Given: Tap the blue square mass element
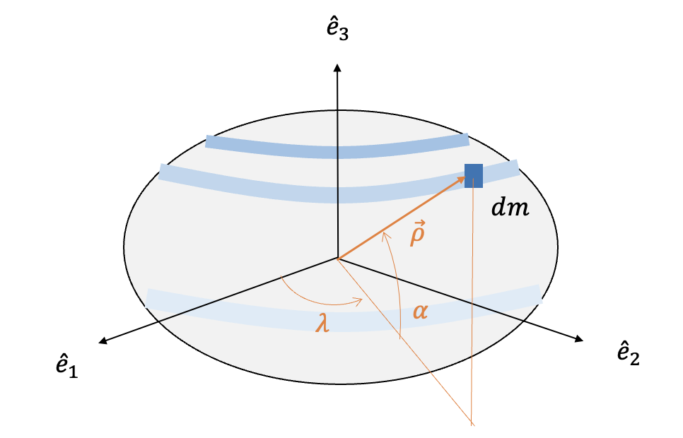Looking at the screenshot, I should (473, 175).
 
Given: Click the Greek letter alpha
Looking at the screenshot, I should (420, 311).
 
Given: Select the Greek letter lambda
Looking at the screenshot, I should (323, 326).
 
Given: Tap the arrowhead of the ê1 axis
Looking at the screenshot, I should (101, 343).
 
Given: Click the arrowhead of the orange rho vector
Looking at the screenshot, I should (465, 179).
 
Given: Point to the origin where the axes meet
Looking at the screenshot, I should (338, 259).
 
